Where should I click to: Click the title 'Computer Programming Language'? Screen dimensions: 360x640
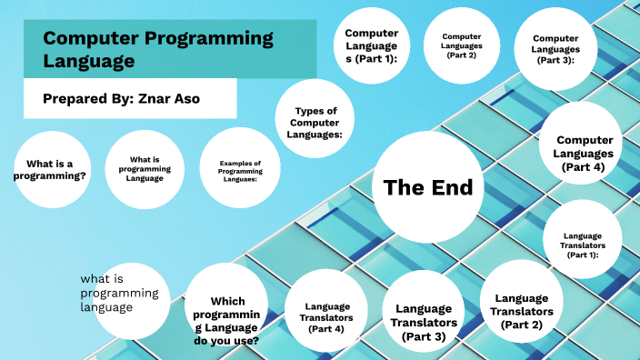(x=158, y=49)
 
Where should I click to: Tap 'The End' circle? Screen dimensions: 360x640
(x=428, y=188)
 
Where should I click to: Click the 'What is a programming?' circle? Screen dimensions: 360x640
(x=50, y=170)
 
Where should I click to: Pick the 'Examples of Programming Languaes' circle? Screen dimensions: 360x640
(x=239, y=171)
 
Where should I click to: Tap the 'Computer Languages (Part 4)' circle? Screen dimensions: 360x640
(x=582, y=152)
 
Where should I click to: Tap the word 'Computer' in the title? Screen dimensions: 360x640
(x=85, y=39)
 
